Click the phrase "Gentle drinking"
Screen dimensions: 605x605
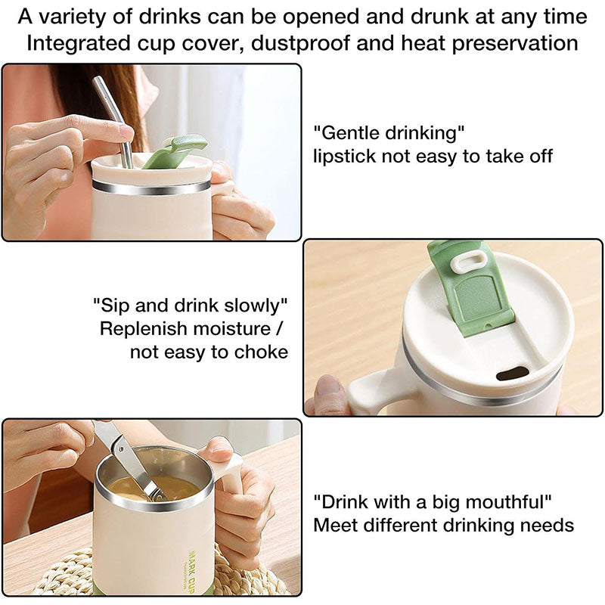tap(389, 134)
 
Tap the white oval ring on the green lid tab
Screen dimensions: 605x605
tap(474, 262)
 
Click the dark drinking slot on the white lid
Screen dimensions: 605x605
tap(512, 373)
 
